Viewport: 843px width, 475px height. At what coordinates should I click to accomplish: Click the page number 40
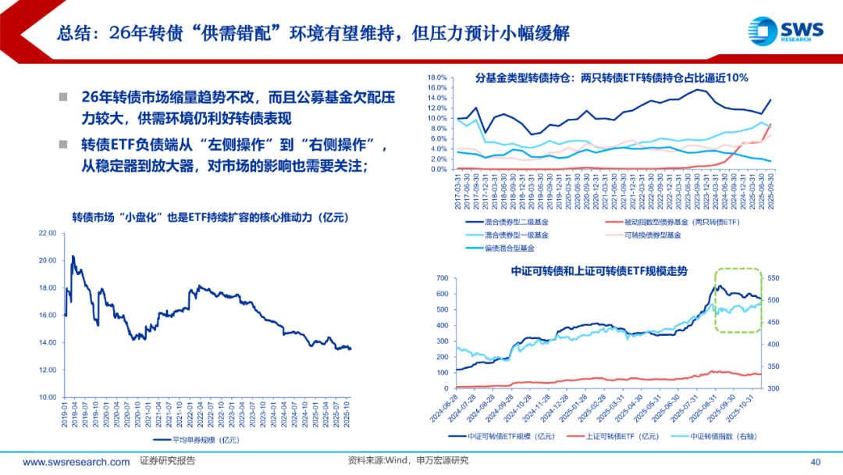[816, 461]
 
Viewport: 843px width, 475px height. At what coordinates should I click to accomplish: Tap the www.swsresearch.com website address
[76, 461]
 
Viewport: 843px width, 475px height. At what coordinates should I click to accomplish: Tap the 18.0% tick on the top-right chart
[435, 77]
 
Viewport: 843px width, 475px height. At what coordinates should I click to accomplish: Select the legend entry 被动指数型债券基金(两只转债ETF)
[682, 222]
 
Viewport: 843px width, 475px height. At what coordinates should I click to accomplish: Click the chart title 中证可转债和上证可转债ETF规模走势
[599, 270]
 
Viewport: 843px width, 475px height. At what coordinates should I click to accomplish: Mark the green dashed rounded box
[738, 301]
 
